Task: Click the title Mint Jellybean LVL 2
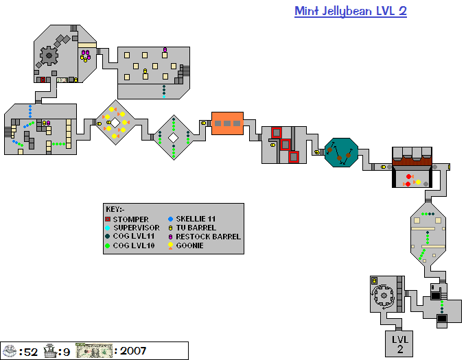point(350,12)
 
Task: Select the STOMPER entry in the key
point(130,219)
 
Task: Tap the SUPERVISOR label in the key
point(136,228)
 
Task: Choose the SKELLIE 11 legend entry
point(195,219)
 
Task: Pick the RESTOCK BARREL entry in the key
point(208,237)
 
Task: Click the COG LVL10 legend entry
point(133,245)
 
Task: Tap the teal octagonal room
point(341,152)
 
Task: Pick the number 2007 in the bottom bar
point(133,351)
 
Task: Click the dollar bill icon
point(93,351)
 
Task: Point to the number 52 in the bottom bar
point(29,351)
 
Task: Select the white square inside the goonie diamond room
point(115,123)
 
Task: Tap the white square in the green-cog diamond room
point(174,137)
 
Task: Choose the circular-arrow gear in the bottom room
point(381,297)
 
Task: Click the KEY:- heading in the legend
point(115,210)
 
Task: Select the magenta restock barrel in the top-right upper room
point(165,49)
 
